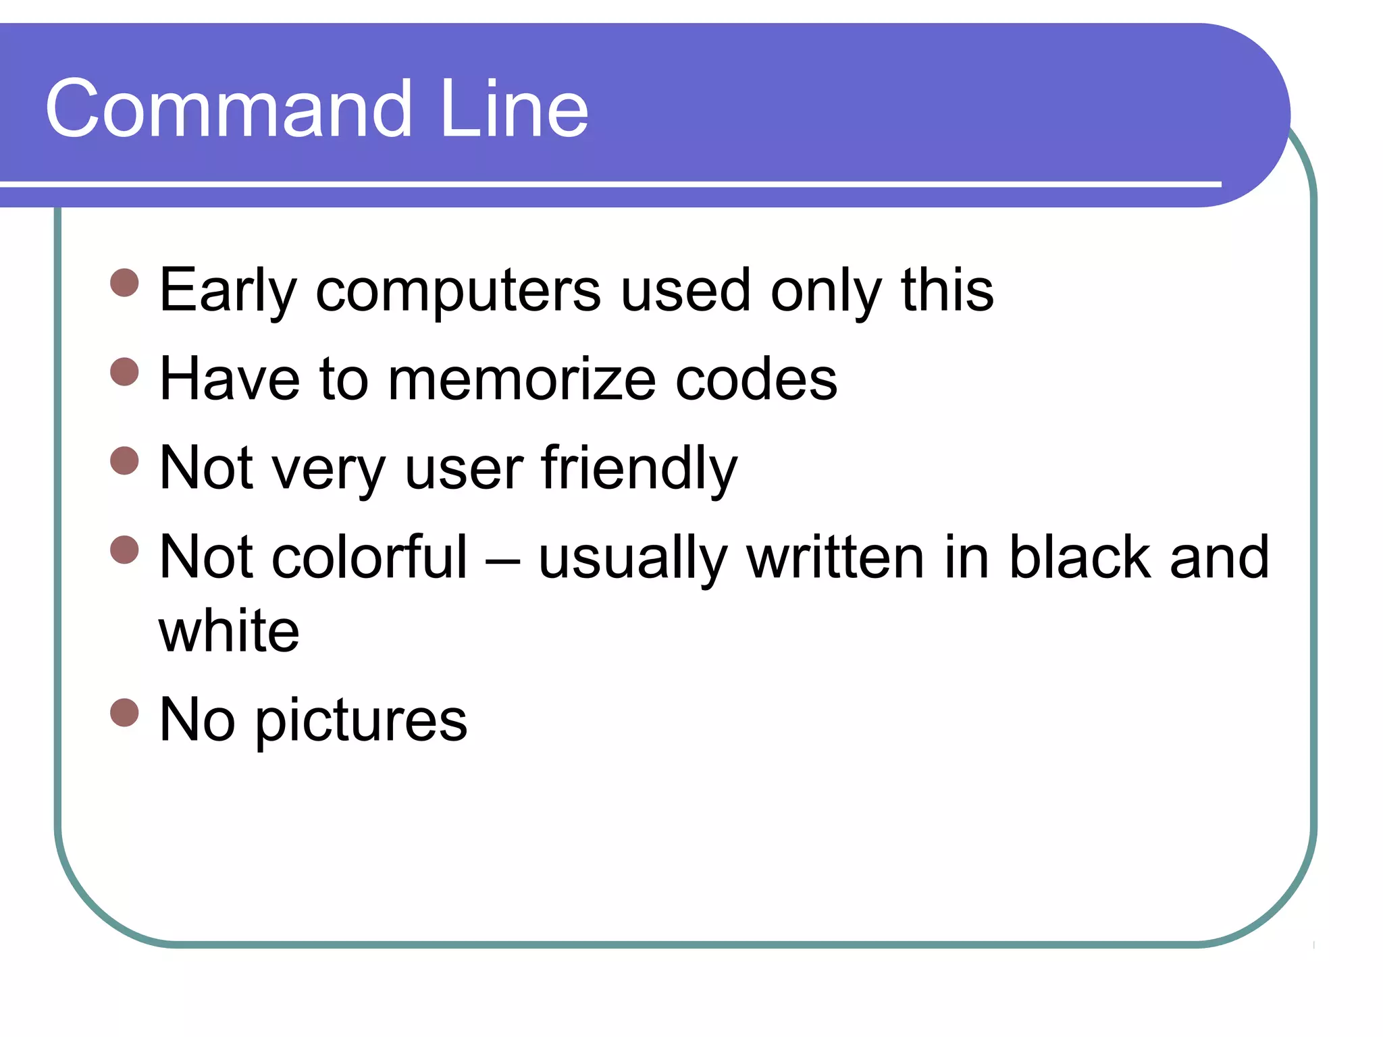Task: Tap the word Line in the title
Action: (x=513, y=109)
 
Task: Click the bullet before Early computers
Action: (x=124, y=283)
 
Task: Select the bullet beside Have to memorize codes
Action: (x=124, y=372)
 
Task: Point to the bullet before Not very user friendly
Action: (x=124, y=461)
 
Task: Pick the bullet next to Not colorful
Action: (x=124, y=550)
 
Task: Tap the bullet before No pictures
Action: (x=124, y=712)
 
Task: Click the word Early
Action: (x=228, y=291)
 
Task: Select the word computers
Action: (x=458, y=291)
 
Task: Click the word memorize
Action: (x=521, y=379)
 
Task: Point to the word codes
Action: (x=756, y=379)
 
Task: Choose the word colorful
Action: (x=369, y=558)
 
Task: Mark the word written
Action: (x=835, y=558)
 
